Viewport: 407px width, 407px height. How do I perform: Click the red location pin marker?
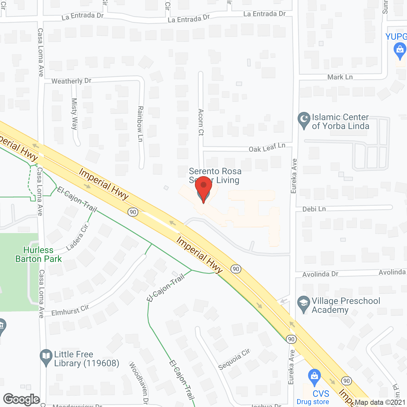(203, 188)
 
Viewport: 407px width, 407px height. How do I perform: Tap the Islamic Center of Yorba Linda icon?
(304, 120)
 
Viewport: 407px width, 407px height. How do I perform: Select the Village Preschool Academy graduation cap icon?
(303, 304)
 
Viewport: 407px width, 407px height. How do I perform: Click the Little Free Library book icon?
(46, 357)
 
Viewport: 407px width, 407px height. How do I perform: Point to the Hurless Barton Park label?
(38, 255)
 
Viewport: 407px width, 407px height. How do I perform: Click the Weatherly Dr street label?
(71, 81)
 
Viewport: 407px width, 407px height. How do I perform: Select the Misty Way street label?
(74, 114)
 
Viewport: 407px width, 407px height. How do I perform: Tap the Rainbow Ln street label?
(140, 124)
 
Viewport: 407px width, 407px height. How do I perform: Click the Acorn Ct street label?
(201, 122)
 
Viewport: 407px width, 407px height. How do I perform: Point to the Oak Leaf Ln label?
(267, 148)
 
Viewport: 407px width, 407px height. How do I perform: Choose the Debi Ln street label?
(314, 209)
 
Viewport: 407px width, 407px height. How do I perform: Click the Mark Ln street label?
(340, 77)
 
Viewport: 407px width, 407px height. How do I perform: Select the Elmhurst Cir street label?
(70, 310)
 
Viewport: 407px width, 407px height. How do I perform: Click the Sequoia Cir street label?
(234, 359)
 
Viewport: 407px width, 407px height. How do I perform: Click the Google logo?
(21, 399)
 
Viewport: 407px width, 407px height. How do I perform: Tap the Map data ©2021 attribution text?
(380, 403)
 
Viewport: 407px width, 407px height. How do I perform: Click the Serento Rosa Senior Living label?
(215, 176)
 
